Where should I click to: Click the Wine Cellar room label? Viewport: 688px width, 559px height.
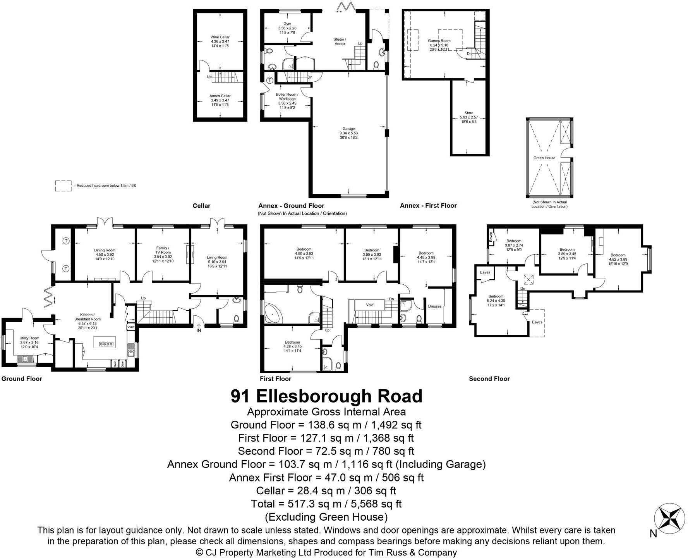(x=220, y=37)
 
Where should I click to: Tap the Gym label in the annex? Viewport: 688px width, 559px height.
(x=287, y=24)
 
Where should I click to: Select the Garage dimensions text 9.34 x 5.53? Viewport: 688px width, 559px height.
(x=348, y=133)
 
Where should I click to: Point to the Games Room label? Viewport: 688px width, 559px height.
(x=439, y=41)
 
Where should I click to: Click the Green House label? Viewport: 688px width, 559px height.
(x=544, y=158)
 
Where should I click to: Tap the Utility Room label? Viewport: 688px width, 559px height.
(x=29, y=338)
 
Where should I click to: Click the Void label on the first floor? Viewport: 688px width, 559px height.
(x=370, y=305)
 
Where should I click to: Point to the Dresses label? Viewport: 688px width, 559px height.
(x=435, y=306)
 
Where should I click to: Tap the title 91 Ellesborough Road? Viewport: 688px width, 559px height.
(x=326, y=396)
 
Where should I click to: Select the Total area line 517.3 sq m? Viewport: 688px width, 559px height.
(x=326, y=504)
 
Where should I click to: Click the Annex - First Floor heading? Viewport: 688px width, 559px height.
(x=428, y=206)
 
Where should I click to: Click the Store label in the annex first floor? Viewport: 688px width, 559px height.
(x=469, y=113)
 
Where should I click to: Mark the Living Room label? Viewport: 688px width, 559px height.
(x=217, y=258)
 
